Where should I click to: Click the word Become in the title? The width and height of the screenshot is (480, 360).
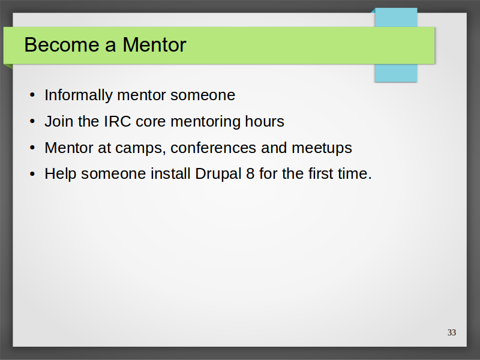tap(62, 44)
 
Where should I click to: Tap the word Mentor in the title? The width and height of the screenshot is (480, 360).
tap(154, 44)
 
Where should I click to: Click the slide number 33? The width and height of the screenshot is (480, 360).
tap(452, 332)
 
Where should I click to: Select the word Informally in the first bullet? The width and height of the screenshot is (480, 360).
tap(79, 95)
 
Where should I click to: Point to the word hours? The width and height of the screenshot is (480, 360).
tap(265, 121)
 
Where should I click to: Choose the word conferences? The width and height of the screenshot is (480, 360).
tap(213, 148)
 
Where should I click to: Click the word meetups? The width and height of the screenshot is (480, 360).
tap(322, 148)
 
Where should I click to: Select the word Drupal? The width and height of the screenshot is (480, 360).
tap(218, 174)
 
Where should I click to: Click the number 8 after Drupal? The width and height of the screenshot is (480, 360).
tap(250, 173)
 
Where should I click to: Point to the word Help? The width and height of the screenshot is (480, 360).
tap(61, 174)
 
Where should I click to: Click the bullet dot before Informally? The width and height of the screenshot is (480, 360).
tap(32, 95)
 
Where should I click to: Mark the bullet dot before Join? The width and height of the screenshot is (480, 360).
tap(32, 122)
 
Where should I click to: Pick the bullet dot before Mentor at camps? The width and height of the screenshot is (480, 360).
tap(32, 148)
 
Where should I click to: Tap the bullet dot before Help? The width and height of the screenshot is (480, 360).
tap(32, 174)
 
